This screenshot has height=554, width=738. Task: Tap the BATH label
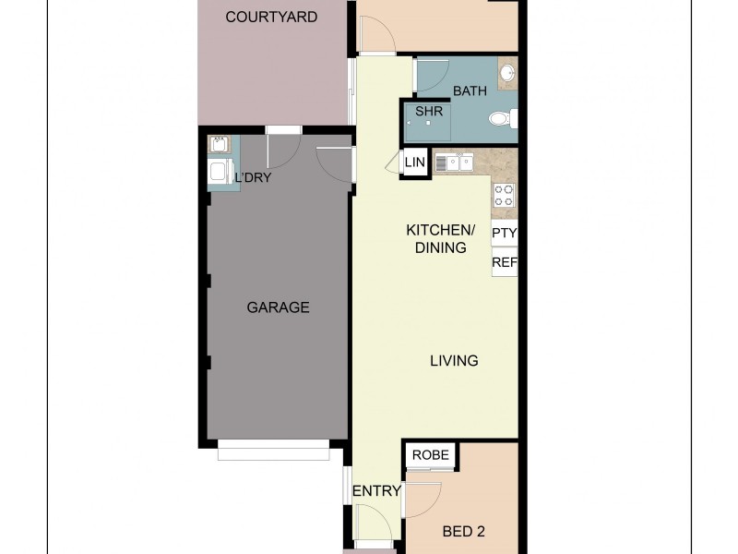coord(470,91)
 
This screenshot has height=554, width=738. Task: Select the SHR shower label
coord(429,112)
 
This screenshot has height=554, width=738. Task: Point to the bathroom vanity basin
coord(507,73)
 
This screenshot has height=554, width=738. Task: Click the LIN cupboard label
coord(415,163)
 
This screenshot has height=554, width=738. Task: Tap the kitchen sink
coord(453,163)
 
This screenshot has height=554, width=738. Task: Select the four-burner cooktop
coord(504,194)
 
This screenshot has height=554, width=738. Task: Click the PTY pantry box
coord(504,234)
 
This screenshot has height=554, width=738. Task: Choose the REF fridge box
coord(504,263)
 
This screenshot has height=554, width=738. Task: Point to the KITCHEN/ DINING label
coord(441,238)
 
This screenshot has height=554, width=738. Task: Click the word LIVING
coord(454,361)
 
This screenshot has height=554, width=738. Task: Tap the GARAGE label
coord(278,307)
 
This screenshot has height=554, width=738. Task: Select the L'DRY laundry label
coord(253,177)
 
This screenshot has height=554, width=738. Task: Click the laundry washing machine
coord(220,172)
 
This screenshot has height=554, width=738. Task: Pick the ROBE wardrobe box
coord(430,455)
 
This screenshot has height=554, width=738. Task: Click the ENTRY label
coord(376,491)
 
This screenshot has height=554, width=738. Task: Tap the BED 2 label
coord(463,531)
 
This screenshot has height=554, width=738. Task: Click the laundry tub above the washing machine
coord(220,145)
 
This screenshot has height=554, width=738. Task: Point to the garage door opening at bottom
coord(273,453)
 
